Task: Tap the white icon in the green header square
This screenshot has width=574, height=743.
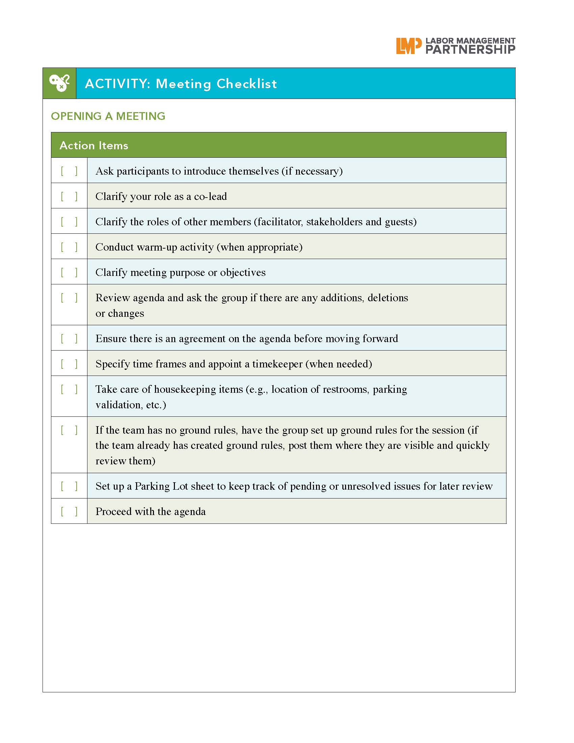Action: (x=59, y=83)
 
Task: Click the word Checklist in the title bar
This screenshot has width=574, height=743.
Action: (x=246, y=84)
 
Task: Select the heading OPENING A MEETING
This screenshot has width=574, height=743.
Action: (x=108, y=117)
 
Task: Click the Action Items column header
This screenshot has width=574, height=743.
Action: (x=94, y=146)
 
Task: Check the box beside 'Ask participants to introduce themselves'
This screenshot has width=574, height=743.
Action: (x=69, y=171)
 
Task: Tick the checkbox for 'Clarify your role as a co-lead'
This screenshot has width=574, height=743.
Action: (x=69, y=196)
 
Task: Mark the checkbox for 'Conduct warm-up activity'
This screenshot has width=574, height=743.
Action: (x=69, y=247)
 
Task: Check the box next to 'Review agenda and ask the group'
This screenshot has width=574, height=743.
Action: (x=69, y=298)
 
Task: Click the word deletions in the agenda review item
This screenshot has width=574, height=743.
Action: (x=388, y=298)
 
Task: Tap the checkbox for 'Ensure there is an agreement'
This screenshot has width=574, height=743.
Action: (x=69, y=338)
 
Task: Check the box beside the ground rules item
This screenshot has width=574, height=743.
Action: (x=69, y=430)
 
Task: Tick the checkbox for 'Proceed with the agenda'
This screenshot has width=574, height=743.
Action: (x=69, y=511)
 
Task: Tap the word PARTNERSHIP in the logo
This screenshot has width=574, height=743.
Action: (x=470, y=50)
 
